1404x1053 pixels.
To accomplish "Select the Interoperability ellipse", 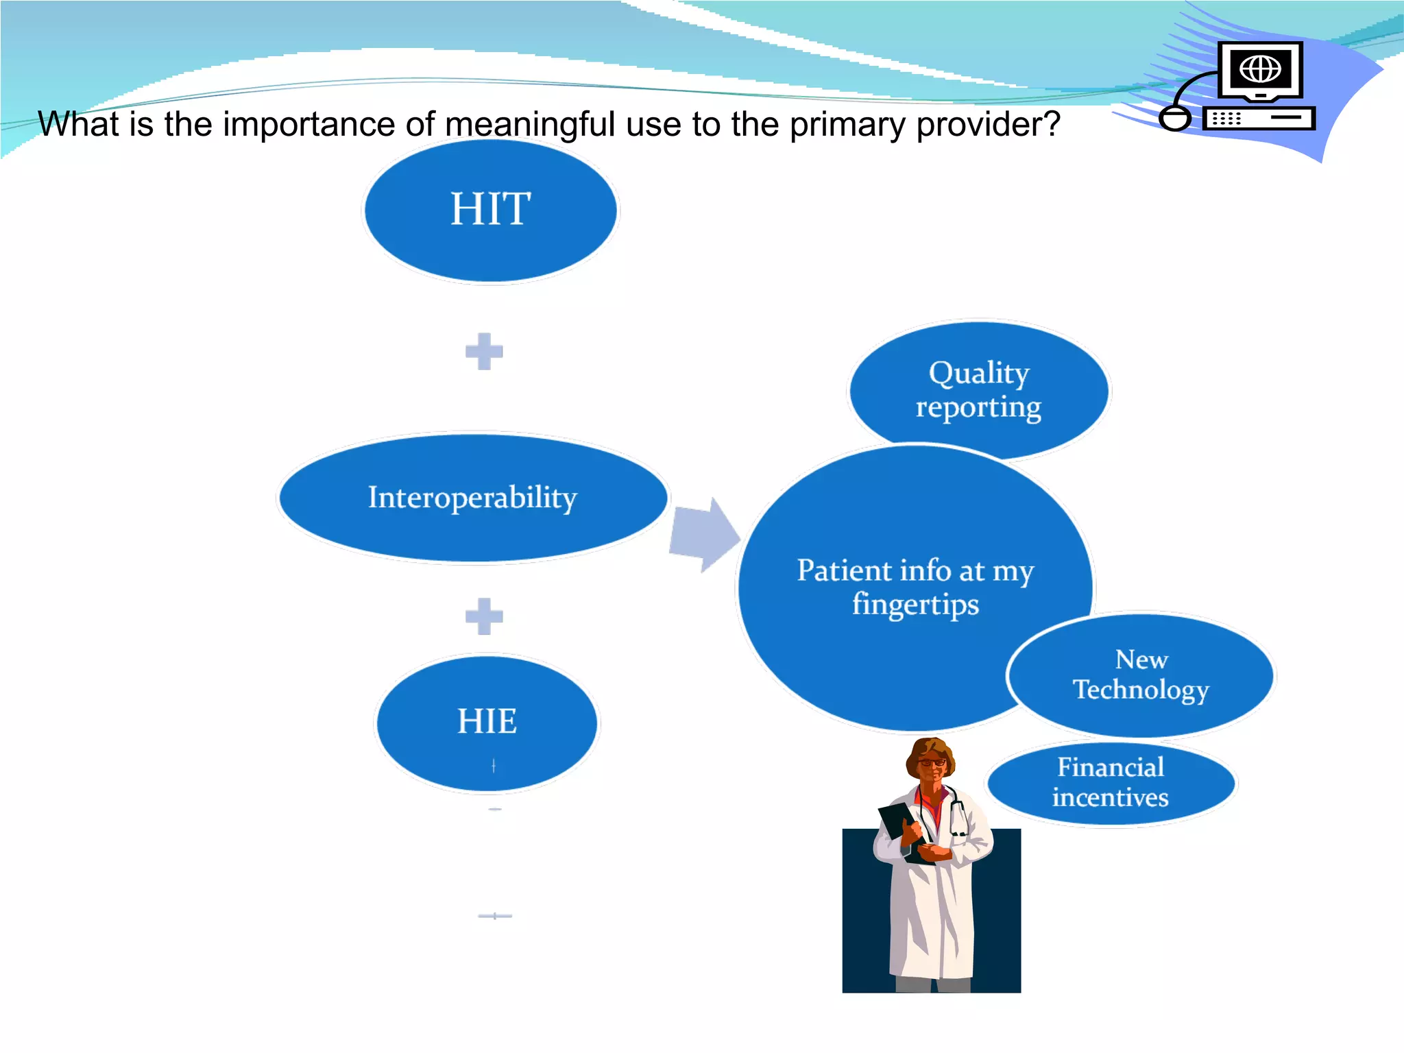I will pos(473,498).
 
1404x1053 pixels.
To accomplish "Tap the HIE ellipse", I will pos(487,723).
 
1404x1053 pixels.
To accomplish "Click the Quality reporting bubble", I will pos(978,389).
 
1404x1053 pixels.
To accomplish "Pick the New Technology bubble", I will pos(1141,675).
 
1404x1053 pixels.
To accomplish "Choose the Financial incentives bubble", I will pos(1111,783).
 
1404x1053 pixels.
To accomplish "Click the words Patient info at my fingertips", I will pos(915,587).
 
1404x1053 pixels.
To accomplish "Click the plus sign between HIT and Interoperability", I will pos(484,351).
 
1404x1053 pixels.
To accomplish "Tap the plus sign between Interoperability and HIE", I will pos(484,616).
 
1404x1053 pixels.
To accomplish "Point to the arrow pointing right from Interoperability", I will pos(705,535).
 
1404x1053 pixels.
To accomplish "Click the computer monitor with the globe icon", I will pos(1260,70).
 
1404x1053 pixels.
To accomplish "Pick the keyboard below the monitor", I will pos(1259,119).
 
